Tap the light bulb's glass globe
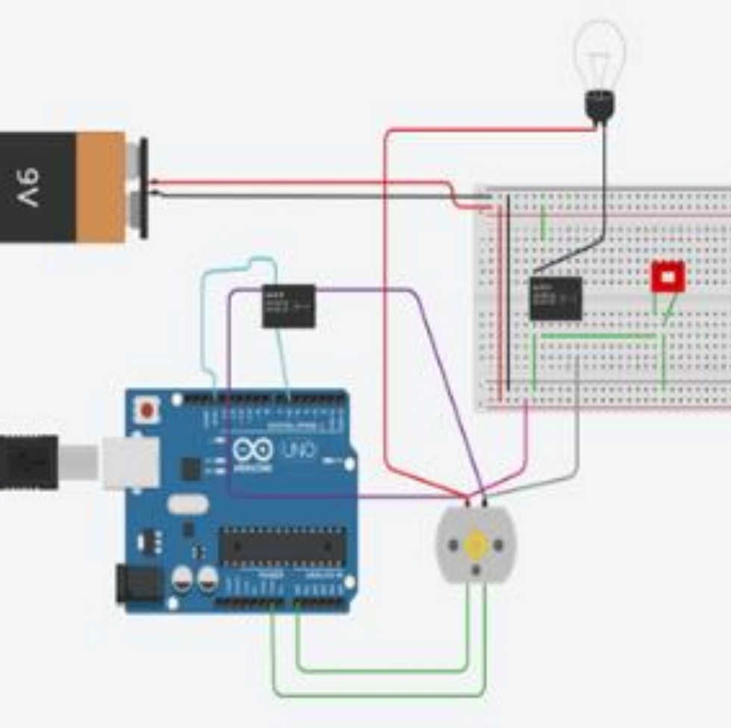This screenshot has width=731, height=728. pos(599,54)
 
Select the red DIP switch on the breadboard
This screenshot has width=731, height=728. pos(668,277)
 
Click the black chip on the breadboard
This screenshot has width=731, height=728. pos(556,299)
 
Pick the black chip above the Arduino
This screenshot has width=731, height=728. pos(288,306)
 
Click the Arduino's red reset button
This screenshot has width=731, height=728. pos(148,410)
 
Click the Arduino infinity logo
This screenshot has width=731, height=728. pos(252,450)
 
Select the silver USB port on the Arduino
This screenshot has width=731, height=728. pos(131,462)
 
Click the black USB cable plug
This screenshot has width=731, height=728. pos(28,462)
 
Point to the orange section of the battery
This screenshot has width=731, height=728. pos(100,187)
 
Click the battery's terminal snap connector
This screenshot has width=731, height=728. pos(141,187)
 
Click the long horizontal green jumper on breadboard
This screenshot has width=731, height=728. pos(597,336)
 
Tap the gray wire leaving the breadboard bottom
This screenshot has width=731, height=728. pos(577,418)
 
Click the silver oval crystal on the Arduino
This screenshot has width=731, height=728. pos(187,505)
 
